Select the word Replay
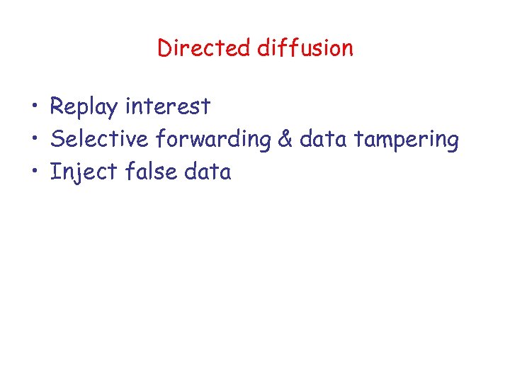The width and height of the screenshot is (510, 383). (x=84, y=107)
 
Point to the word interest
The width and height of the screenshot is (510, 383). (x=168, y=106)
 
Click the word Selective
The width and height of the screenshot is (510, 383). (x=100, y=139)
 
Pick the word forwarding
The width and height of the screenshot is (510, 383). (x=212, y=140)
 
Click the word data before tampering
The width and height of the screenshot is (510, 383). (x=323, y=139)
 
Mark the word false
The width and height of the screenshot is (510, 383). (x=151, y=172)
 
